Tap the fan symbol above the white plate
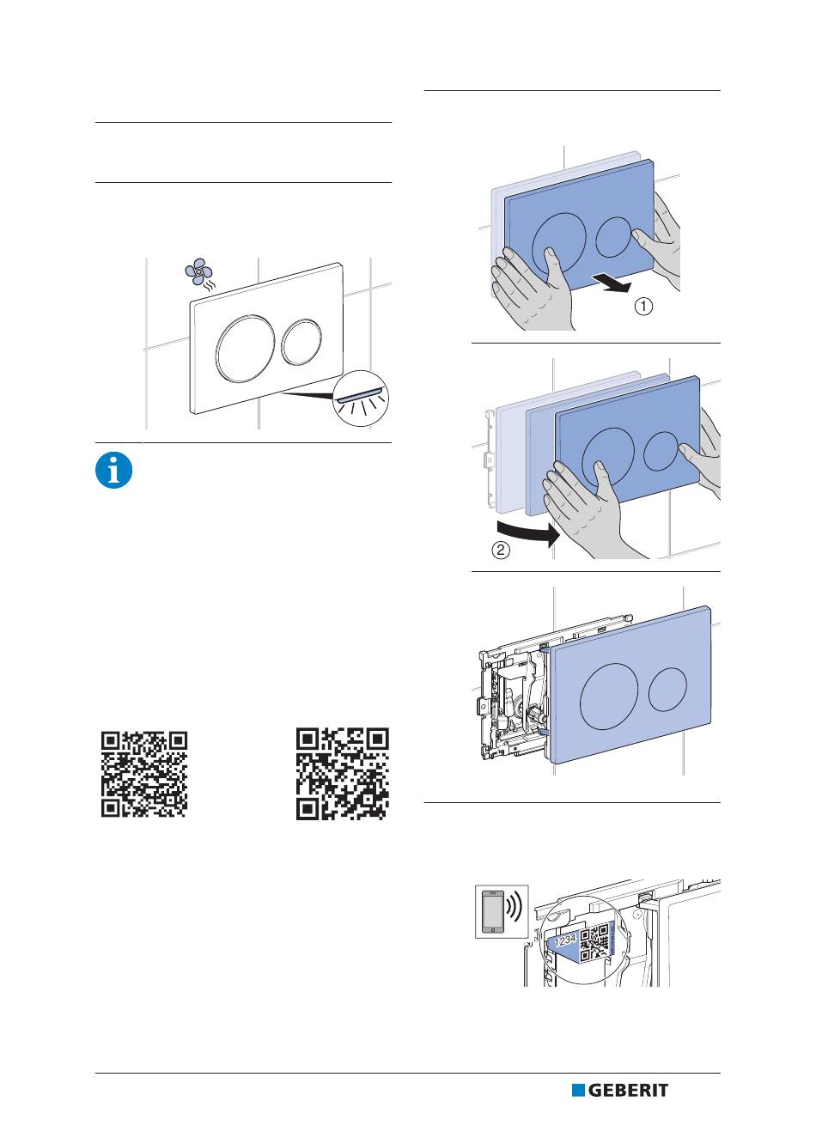point(198,271)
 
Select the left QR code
point(144,774)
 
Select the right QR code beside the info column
point(342,774)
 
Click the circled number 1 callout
point(643,307)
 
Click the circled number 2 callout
point(501,550)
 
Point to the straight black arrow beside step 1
point(612,283)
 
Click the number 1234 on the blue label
point(565,939)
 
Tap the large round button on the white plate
point(241,348)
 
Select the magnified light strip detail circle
point(361,399)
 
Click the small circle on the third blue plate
point(667,690)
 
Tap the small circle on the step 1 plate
point(613,237)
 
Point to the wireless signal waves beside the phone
point(515,910)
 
